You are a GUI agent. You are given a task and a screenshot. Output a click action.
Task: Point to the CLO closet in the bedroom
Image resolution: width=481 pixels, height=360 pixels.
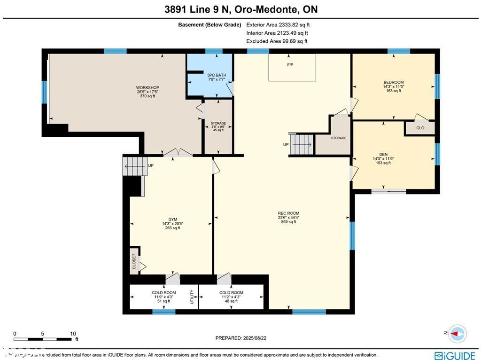click(x=420, y=128)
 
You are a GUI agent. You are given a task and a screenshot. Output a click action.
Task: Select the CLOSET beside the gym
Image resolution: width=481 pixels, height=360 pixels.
click(x=134, y=260)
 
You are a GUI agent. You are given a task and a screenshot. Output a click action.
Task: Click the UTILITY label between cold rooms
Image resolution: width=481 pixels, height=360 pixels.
click(x=192, y=297)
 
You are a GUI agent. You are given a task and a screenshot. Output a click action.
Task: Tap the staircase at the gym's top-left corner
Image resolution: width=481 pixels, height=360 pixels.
click(x=132, y=166)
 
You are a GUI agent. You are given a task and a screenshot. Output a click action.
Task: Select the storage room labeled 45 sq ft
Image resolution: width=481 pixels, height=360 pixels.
click(x=217, y=126)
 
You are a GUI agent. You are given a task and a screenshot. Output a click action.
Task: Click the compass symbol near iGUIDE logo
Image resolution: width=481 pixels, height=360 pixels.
click(x=458, y=333)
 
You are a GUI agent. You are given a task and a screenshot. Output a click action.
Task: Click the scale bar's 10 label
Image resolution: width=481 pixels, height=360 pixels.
click(x=73, y=334)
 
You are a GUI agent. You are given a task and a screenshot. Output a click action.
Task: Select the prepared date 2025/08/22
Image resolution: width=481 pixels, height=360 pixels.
click(x=244, y=338)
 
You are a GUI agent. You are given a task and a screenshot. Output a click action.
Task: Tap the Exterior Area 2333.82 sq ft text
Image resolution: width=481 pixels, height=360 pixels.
click(x=278, y=25)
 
